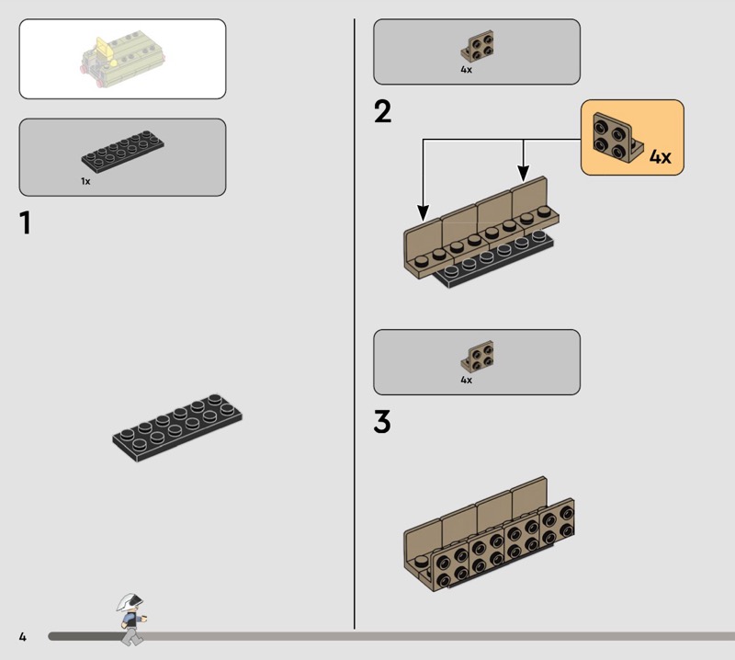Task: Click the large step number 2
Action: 382,112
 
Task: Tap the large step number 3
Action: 382,422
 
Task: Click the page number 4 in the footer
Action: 22,637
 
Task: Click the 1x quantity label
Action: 85,182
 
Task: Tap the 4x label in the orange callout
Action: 660,157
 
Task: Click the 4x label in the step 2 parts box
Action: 467,70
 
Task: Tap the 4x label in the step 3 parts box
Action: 467,380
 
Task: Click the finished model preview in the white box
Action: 122,59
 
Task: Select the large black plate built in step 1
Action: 179,425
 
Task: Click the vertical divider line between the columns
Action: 355,322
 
